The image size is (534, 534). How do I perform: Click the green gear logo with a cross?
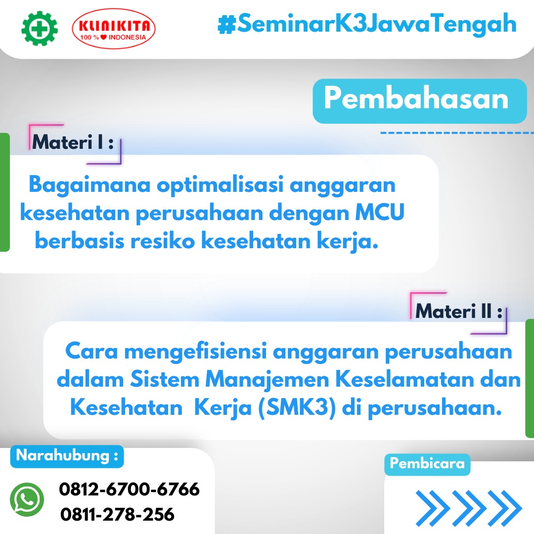click(x=40, y=29)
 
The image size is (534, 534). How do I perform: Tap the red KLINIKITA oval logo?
click(x=114, y=29)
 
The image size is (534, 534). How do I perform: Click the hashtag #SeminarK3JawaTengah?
click(x=367, y=24)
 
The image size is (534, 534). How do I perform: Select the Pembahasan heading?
click(x=416, y=98)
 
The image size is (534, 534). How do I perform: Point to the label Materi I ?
click(x=73, y=142)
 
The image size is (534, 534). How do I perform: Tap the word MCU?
click(x=380, y=212)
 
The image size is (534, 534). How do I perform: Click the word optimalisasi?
click(x=220, y=185)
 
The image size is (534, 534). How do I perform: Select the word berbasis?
click(x=80, y=240)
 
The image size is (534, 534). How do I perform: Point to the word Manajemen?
click(x=267, y=380)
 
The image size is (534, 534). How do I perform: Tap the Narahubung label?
click(x=67, y=456)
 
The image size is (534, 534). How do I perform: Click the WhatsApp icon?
click(x=27, y=499)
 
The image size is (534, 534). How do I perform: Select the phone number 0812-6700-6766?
click(x=130, y=489)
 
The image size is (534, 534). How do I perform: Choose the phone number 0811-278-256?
click(x=118, y=514)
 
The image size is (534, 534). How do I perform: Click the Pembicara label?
click(x=427, y=463)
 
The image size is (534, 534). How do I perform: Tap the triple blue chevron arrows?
click(x=469, y=508)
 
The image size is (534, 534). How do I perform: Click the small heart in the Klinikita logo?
click(x=103, y=37)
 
